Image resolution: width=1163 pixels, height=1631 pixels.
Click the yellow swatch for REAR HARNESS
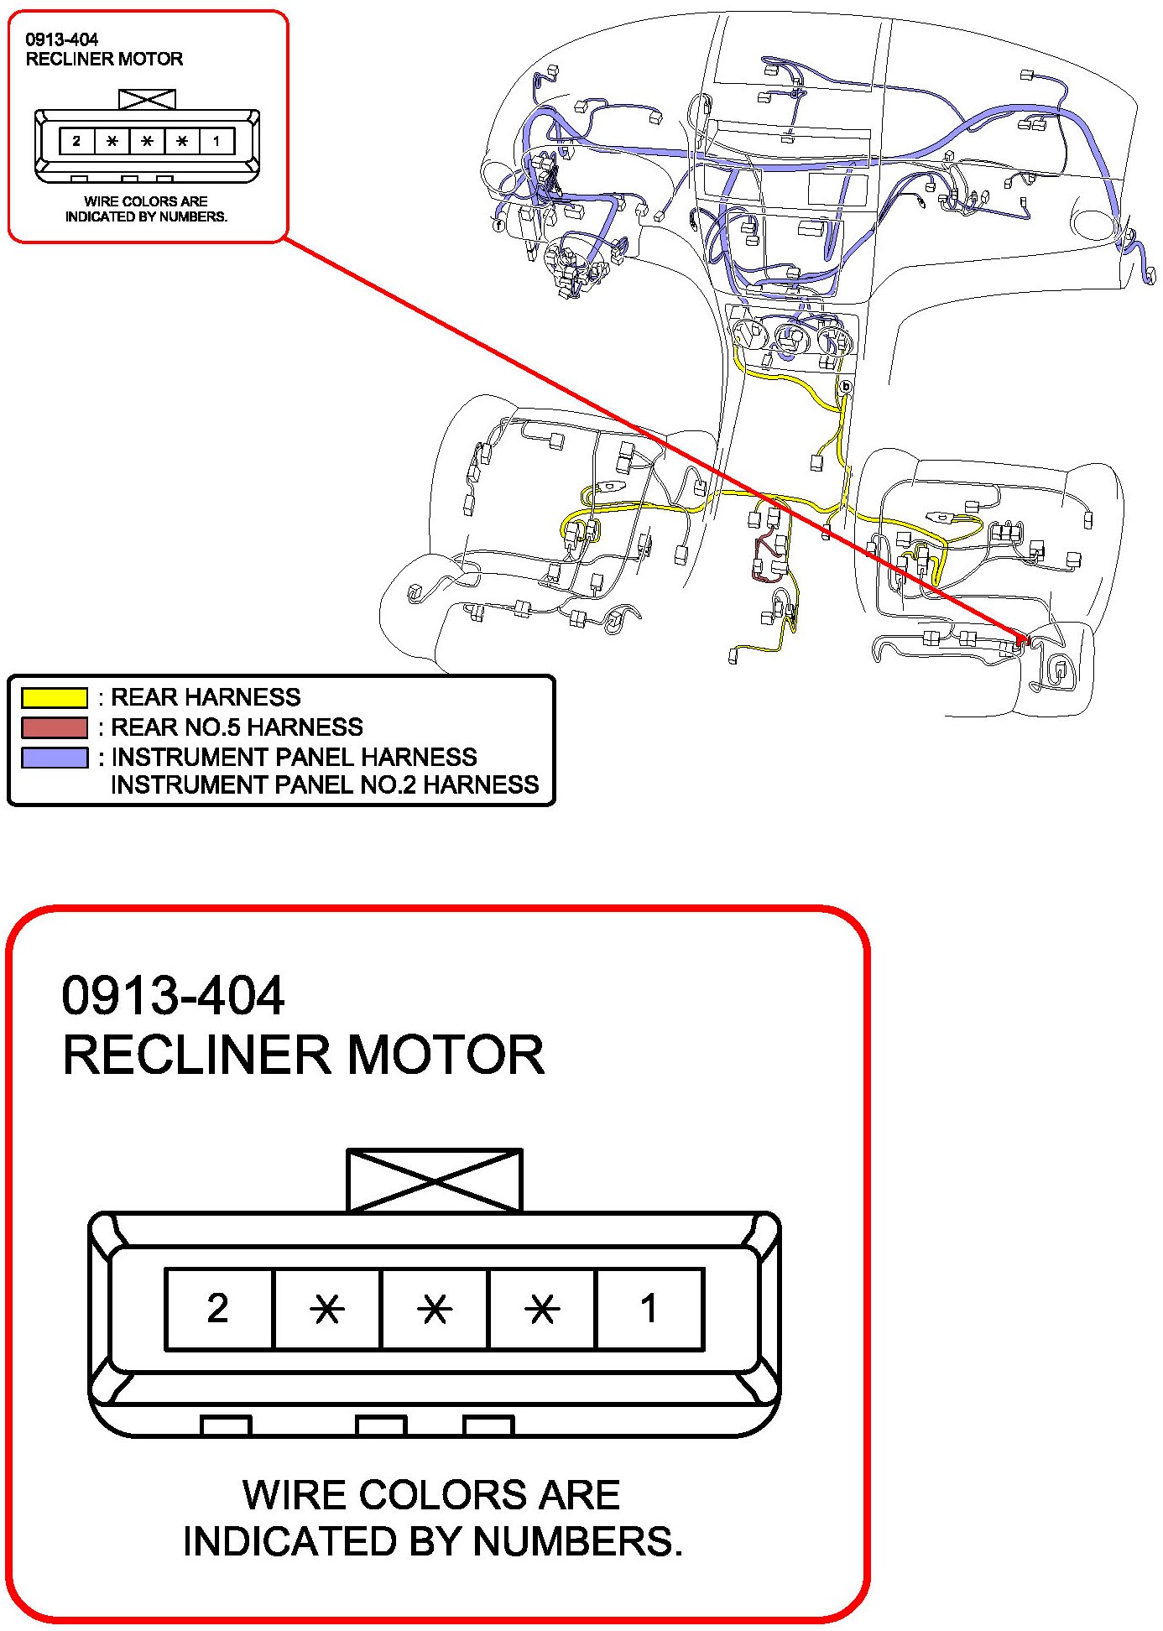pyautogui.click(x=55, y=697)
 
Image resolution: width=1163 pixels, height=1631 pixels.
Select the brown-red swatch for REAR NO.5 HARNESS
pyautogui.click(x=55, y=727)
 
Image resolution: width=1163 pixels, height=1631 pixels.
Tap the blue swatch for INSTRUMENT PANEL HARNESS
pyautogui.click(x=55, y=758)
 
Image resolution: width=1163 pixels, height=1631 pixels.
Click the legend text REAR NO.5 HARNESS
pyautogui.click(x=237, y=727)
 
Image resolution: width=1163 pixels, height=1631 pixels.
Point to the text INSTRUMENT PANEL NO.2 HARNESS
pyautogui.click(x=326, y=784)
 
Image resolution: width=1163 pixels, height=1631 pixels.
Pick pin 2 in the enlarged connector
pyautogui.click(x=219, y=1308)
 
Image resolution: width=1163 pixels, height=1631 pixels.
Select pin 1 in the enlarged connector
pyautogui.click(x=649, y=1308)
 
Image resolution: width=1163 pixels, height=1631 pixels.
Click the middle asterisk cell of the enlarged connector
pyautogui.click(x=435, y=1308)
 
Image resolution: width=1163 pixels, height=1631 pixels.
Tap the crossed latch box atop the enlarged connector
pyautogui.click(x=435, y=1180)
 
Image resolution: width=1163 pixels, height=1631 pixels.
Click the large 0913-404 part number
pyautogui.click(x=174, y=996)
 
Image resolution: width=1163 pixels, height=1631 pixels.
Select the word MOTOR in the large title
pyautogui.click(x=446, y=1055)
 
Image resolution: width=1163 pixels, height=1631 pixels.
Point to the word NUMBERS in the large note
pyautogui.click(x=578, y=1541)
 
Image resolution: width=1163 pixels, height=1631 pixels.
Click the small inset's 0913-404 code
pyautogui.click(x=62, y=39)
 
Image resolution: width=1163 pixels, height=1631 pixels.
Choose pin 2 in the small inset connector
pyautogui.click(x=76, y=141)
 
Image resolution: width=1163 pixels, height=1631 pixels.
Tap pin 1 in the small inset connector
pyautogui.click(x=216, y=141)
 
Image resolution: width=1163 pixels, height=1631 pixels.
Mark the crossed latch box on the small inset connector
pyautogui.click(x=148, y=99)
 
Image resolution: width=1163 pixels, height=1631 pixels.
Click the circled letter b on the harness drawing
pyautogui.click(x=846, y=386)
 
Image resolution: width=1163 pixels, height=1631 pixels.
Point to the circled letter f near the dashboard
pyautogui.click(x=498, y=225)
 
